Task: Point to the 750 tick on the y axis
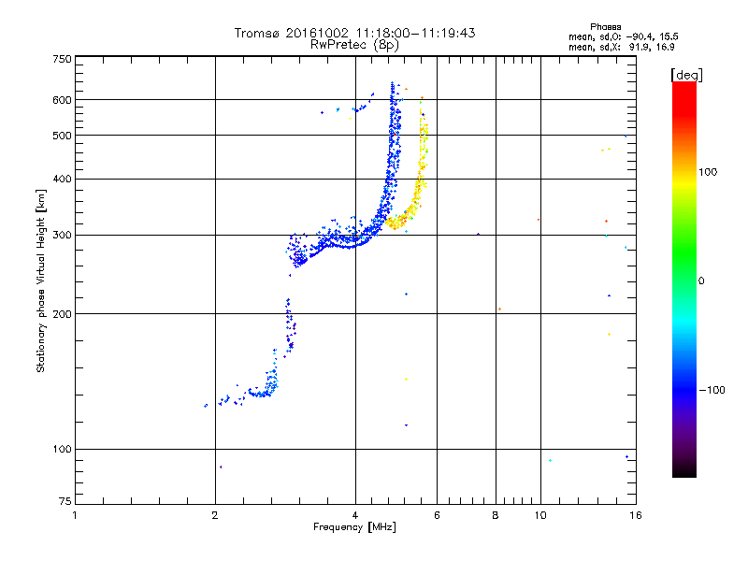pyautogui.click(x=62, y=59)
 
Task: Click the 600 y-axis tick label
pyautogui.click(x=62, y=100)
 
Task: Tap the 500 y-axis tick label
pyautogui.click(x=62, y=136)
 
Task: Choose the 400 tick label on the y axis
pyautogui.click(x=62, y=180)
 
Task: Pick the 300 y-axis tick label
pyautogui.click(x=62, y=235)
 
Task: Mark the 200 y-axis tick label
pyautogui.click(x=62, y=314)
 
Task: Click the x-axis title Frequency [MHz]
pyautogui.click(x=354, y=528)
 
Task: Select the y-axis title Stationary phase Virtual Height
pyautogui.click(x=41, y=280)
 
